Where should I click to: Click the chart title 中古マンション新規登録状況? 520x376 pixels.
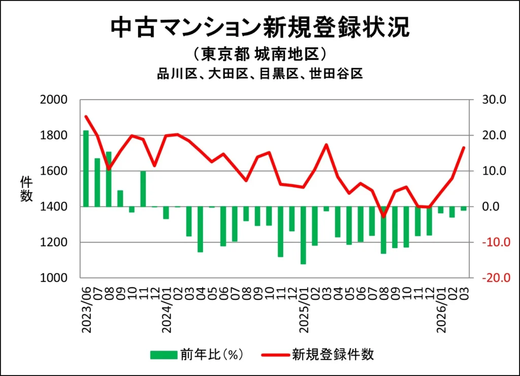[259, 28]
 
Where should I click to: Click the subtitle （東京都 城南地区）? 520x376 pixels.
[259, 54]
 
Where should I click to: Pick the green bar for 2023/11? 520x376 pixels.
[143, 189]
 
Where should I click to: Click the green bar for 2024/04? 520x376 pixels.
[201, 229]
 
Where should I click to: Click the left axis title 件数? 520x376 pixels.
[26, 189]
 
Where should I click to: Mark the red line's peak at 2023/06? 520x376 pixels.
[86, 116]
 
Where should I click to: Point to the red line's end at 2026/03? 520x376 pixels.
[463, 147]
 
